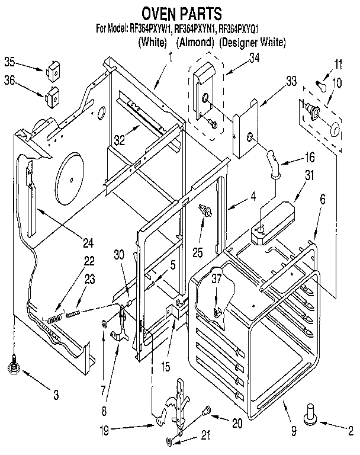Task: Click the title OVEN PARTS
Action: pyautogui.click(x=181, y=12)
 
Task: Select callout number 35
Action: pyautogui.click(x=9, y=61)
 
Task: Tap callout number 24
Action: pyautogui.click(x=89, y=242)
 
